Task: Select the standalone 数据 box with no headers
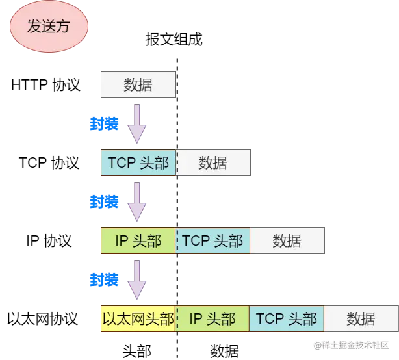[138, 85]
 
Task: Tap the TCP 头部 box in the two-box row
[138, 162]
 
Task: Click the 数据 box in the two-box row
[213, 162]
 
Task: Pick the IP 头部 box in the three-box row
[138, 240]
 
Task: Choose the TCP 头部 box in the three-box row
[213, 240]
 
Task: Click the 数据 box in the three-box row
[287, 240]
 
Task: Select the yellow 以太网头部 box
[138, 318]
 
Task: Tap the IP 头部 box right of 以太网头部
[212, 318]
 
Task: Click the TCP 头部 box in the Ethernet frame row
[287, 318]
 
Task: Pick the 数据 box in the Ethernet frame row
[361, 318]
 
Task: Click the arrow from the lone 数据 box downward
[136, 123]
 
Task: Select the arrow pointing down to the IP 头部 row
[136, 201]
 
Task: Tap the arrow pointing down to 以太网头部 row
[136, 279]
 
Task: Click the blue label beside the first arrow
[104, 123]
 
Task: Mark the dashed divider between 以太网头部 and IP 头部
[175, 318]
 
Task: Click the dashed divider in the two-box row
[176, 162]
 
